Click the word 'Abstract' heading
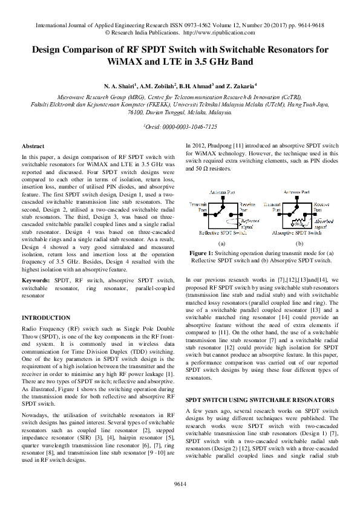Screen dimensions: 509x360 tap(32, 147)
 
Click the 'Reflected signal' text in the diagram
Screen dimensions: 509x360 tap(250, 224)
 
